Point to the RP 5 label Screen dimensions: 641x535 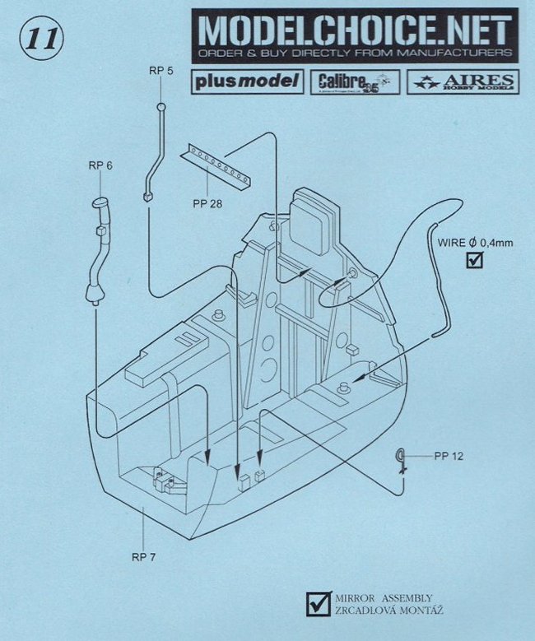[161, 71]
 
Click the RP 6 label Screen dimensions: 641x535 [100, 165]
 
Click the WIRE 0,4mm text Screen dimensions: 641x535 [473, 242]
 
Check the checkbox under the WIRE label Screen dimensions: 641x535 [474, 261]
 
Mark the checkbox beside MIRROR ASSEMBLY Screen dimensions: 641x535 [314, 603]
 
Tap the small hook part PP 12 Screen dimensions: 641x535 [401, 457]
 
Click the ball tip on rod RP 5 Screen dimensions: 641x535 [161, 107]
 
